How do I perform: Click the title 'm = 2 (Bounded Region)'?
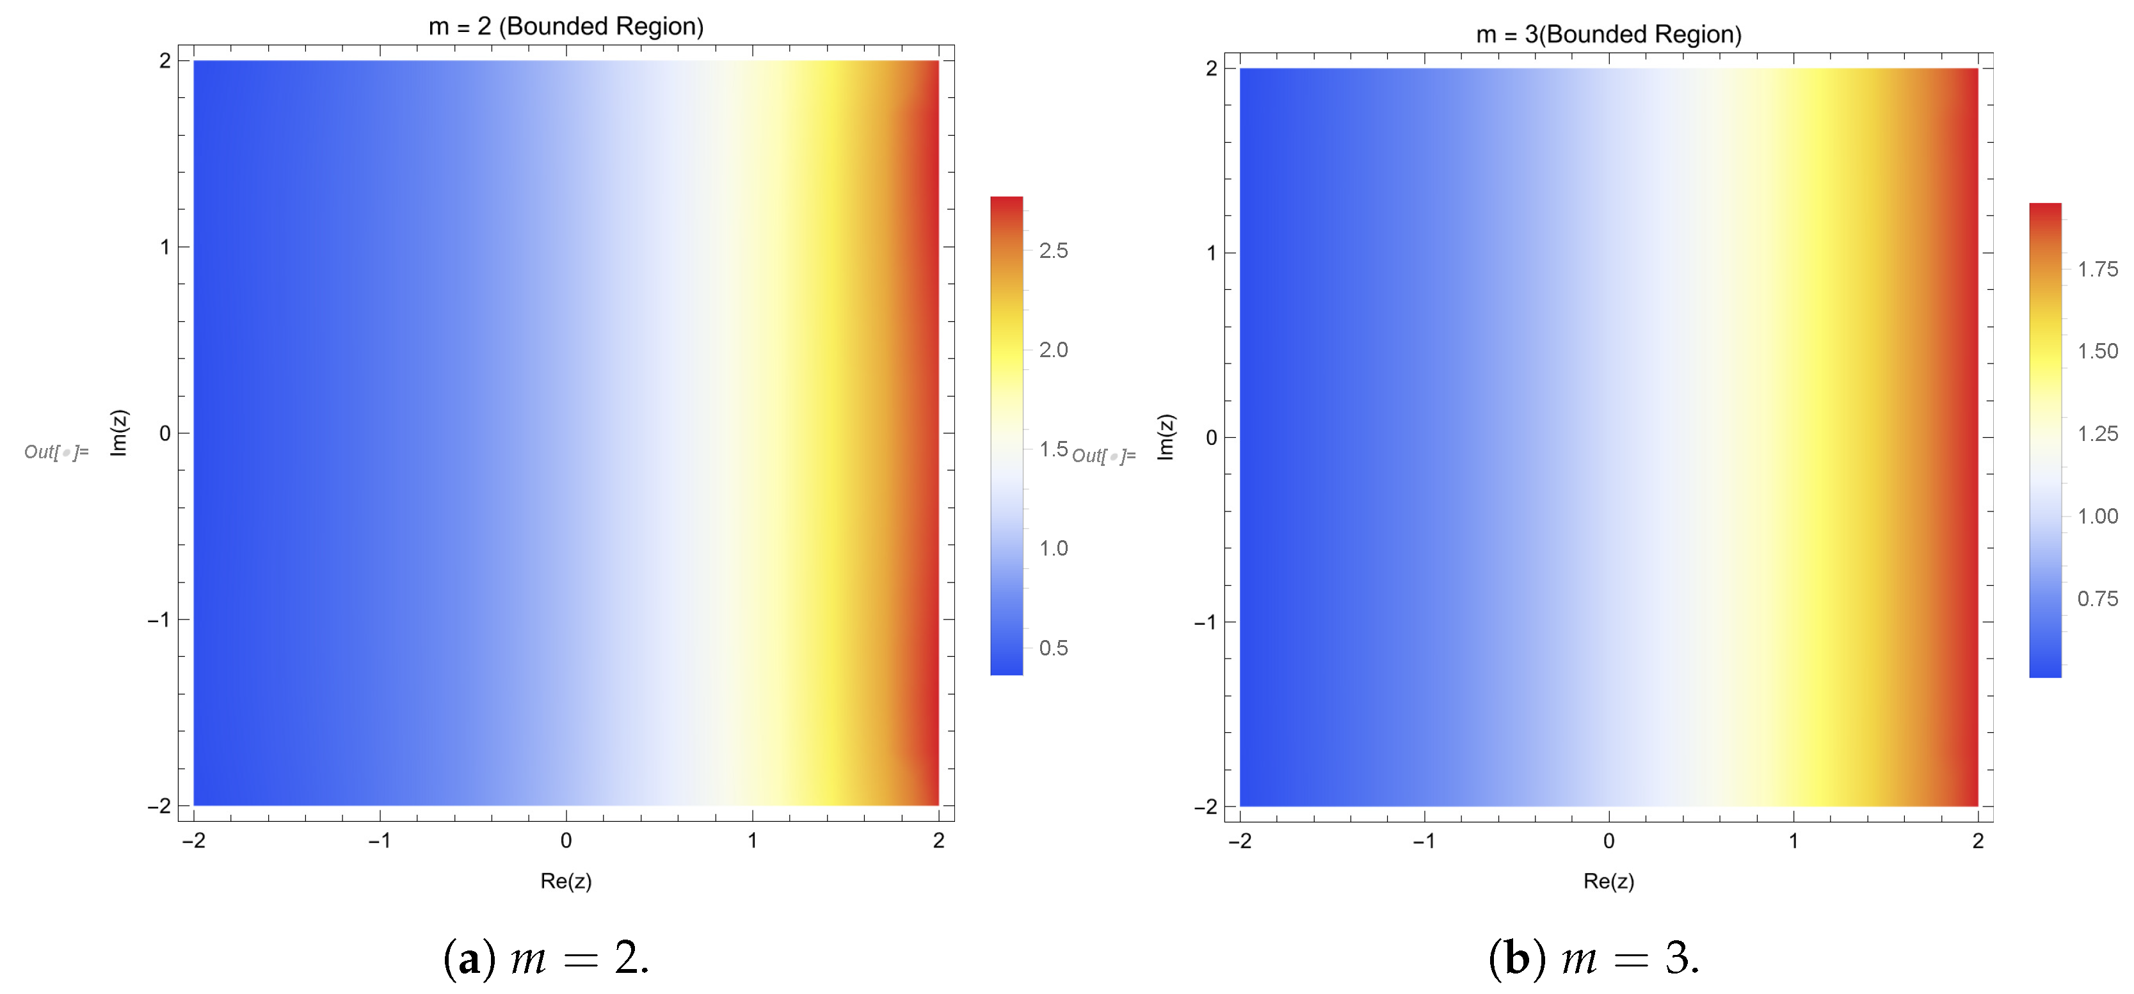pos(566,26)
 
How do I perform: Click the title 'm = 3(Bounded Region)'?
pos(1608,35)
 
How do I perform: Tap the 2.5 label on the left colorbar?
pos(1053,251)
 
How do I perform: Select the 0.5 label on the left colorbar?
pos(1053,648)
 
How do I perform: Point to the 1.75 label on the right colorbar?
pos(2098,269)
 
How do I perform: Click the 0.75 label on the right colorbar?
pos(2098,599)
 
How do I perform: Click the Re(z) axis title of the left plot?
pos(566,881)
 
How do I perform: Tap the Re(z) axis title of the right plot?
pos(1608,881)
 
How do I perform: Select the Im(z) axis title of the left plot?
pos(119,433)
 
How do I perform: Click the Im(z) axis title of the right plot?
pos(1165,437)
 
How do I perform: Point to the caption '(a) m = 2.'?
pos(546,958)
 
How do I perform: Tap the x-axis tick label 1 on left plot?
pos(752,841)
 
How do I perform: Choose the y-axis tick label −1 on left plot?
pos(159,620)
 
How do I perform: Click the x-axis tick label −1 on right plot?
pos(1424,842)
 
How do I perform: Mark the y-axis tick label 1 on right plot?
pos(1211,253)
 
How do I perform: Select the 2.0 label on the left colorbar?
pos(1053,350)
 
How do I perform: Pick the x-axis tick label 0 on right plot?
pos(1609,842)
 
